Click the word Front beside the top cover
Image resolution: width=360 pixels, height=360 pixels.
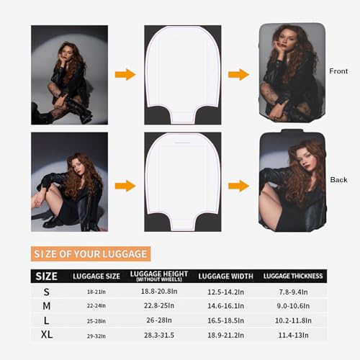[x=338, y=71]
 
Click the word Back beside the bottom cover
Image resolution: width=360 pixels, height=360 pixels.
[x=338, y=179]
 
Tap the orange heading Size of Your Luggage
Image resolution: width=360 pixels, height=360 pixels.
[x=91, y=253]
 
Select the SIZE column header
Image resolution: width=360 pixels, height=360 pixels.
[x=47, y=276]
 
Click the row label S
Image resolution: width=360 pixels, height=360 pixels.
[x=48, y=292]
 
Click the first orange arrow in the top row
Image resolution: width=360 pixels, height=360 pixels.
[x=125, y=74]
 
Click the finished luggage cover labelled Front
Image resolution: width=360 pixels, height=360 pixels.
[x=289, y=74]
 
